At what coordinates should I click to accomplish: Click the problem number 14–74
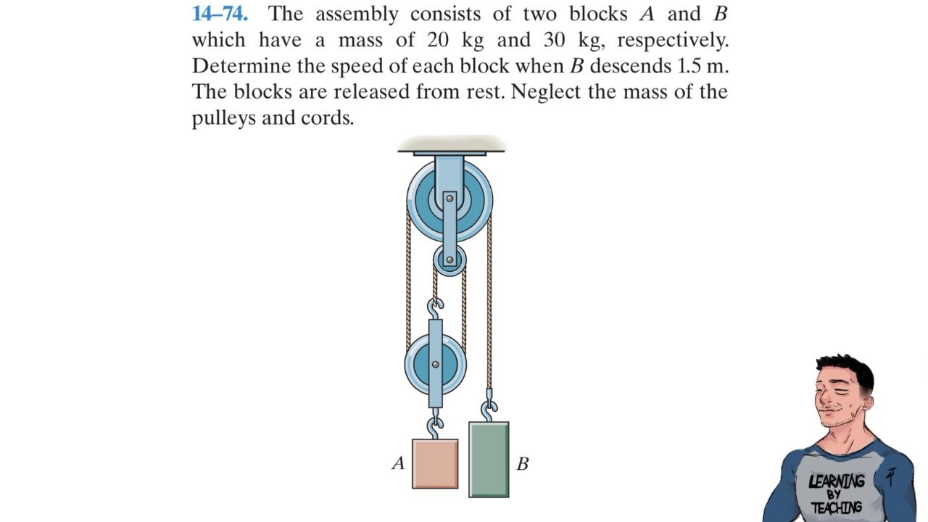coord(220,14)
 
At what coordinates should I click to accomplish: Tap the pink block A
coord(435,463)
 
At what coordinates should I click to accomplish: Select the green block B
coord(489,460)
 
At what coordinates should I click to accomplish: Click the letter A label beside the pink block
coord(398,463)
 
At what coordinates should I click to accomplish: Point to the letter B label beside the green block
coord(522,464)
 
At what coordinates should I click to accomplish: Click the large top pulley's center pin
coord(449,198)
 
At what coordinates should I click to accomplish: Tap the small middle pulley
coord(449,260)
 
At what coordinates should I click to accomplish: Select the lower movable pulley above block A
coord(435,364)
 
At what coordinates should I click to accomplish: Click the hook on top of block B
coord(489,410)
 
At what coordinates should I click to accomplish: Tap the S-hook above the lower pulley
coord(436,309)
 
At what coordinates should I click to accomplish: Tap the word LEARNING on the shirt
coord(837,481)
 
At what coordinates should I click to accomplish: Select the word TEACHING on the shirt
coord(837,507)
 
